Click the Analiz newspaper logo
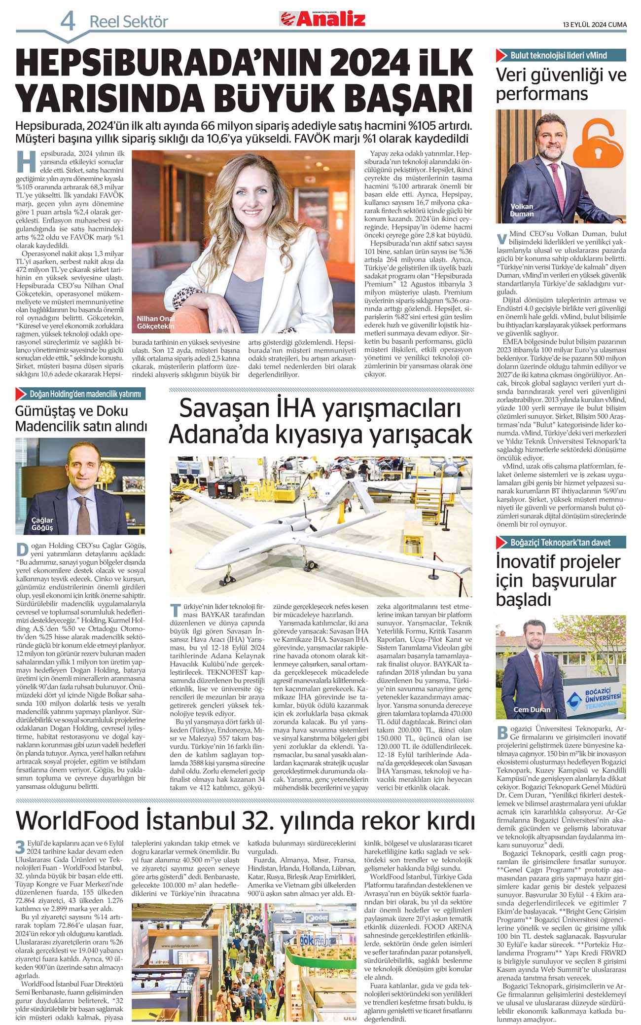(323, 19)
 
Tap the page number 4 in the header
(68, 21)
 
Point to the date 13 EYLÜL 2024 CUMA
(595, 25)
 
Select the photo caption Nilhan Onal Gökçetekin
(156, 322)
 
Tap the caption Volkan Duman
(522, 210)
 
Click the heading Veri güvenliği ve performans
(561, 84)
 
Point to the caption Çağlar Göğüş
(42, 524)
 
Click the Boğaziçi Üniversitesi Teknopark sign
(601, 700)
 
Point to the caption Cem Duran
(532, 710)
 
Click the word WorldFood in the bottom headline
(77, 821)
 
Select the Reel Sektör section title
(129, 22)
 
